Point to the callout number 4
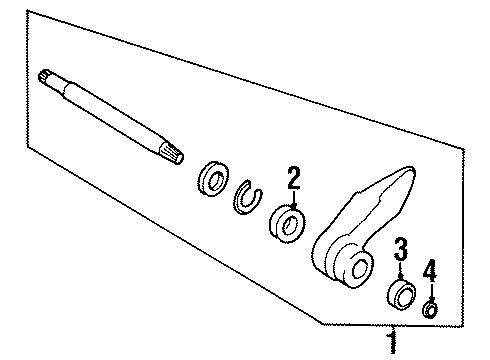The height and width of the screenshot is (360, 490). [431, 269]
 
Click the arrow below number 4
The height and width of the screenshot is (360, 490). [431, 291]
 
